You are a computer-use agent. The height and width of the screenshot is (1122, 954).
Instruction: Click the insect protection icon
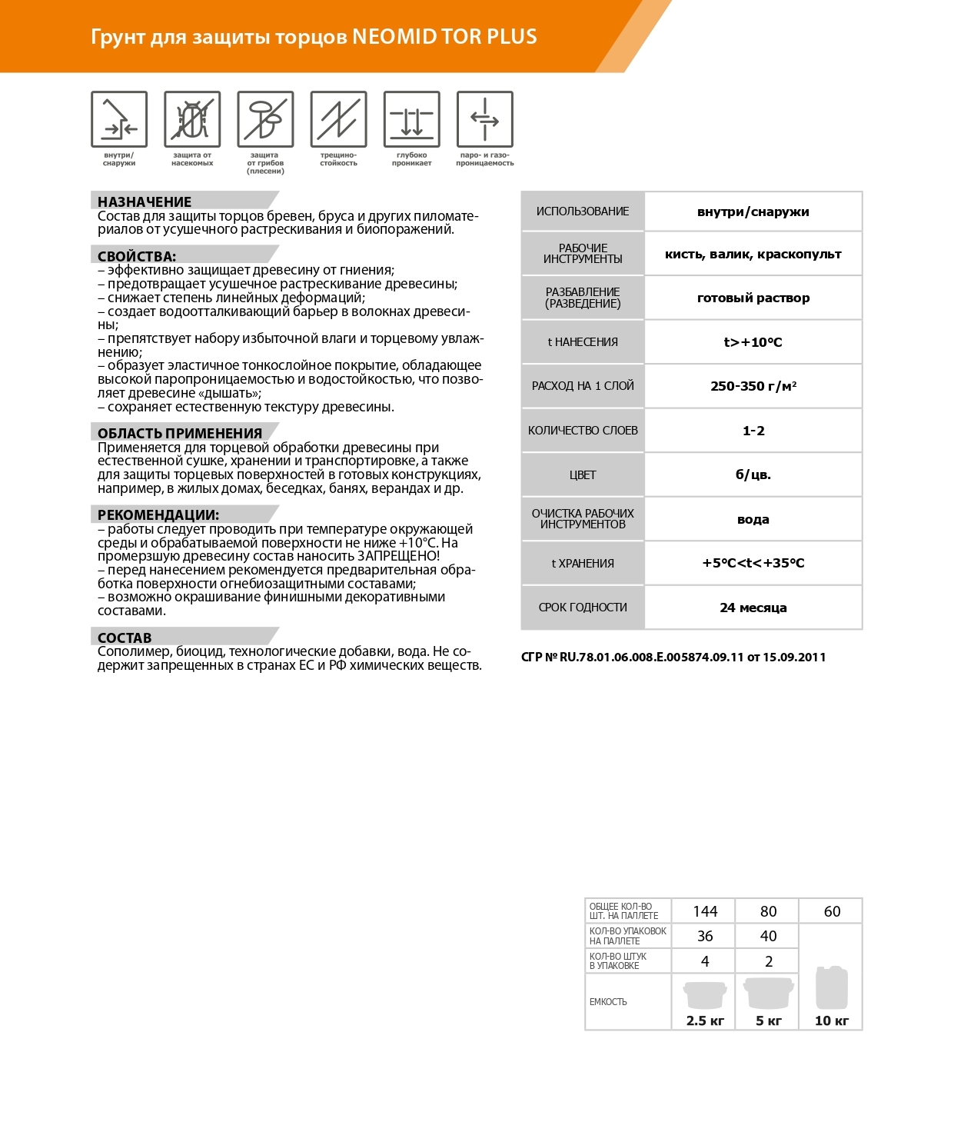[192, 119]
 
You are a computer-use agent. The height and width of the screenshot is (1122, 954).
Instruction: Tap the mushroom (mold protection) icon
[265, 119]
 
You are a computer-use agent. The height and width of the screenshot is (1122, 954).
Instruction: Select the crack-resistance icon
[338, 119]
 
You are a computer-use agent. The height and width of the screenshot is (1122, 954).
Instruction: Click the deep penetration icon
[412, 119]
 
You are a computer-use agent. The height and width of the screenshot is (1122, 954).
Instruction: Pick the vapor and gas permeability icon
[485, 119]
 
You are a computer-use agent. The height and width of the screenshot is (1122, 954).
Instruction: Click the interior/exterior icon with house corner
[119, 119]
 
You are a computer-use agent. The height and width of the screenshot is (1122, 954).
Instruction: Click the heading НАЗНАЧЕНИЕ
[145, 201]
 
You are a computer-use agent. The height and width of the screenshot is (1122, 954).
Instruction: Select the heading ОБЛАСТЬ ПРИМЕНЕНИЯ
[180, 433]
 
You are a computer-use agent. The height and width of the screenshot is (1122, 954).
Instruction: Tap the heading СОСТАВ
[125, 638]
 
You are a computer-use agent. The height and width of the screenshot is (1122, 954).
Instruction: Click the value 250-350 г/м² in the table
[753, 386]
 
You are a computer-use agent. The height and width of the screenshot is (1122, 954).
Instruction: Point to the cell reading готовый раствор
[753, 298]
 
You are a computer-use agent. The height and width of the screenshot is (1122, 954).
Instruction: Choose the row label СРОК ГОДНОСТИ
[583, 608]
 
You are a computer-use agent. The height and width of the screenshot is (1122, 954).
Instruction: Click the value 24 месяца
[753, 608]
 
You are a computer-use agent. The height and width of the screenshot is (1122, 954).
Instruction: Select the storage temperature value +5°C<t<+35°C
[753, 563]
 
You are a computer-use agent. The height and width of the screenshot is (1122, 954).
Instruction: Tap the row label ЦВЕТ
[583, 475]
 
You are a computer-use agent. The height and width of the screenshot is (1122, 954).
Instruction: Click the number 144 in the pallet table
[705, 911]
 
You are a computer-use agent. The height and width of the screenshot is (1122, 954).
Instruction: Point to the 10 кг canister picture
[832, 987]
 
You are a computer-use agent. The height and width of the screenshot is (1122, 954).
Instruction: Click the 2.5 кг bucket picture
[705, 994]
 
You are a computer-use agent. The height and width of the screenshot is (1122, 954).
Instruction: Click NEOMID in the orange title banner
[394, 37]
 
